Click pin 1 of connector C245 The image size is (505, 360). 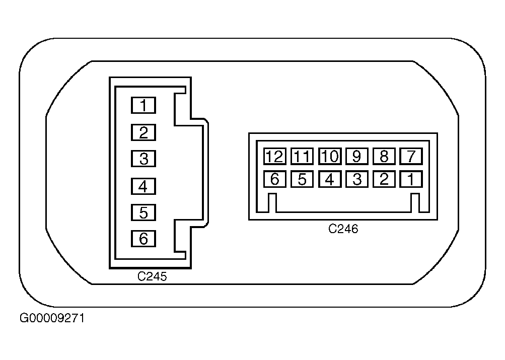pyautogui.click(x=143, y=105)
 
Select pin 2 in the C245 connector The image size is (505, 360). pyautogui.click(x=143, y=132)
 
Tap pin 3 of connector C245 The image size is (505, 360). pyautogui.click(x=143, y=159)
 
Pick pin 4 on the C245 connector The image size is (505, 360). pyautogui.click(x=143, y=186)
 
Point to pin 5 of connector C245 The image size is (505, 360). pyautogui.click(x=143, y=212)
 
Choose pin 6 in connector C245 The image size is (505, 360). pyautogui.click(x=143, y=239)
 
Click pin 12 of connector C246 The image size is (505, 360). pyautogui.click(x=275, y=157)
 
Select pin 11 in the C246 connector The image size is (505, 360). pyautogui.click(x=302, y=157)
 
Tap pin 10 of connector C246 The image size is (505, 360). pyautogui.click(x=330, y=157)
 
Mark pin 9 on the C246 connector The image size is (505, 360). pyautogui.click(x=357, y=157)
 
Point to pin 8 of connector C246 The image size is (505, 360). pyautogui.click(x=384, y=157)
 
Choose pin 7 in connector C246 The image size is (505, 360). pyautogui.click(x=411, y=157)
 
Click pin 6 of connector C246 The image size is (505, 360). pyautogui.click(x=275, y=179)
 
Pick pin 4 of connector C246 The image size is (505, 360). pyautogui.click(x=330, y=179)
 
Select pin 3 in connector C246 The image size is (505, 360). pyautogui.click(x=357, y=179)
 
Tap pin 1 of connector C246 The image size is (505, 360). pyautogui.click(x=411, y=179)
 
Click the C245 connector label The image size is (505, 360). pyautogui.click(x=152, y=276)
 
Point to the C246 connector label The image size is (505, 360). pyautogui.click(x=343, y=229)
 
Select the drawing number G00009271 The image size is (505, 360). pyautogui.click(x=52, y=318)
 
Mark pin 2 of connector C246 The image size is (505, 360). pyautogui.click(x=384, y=179)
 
